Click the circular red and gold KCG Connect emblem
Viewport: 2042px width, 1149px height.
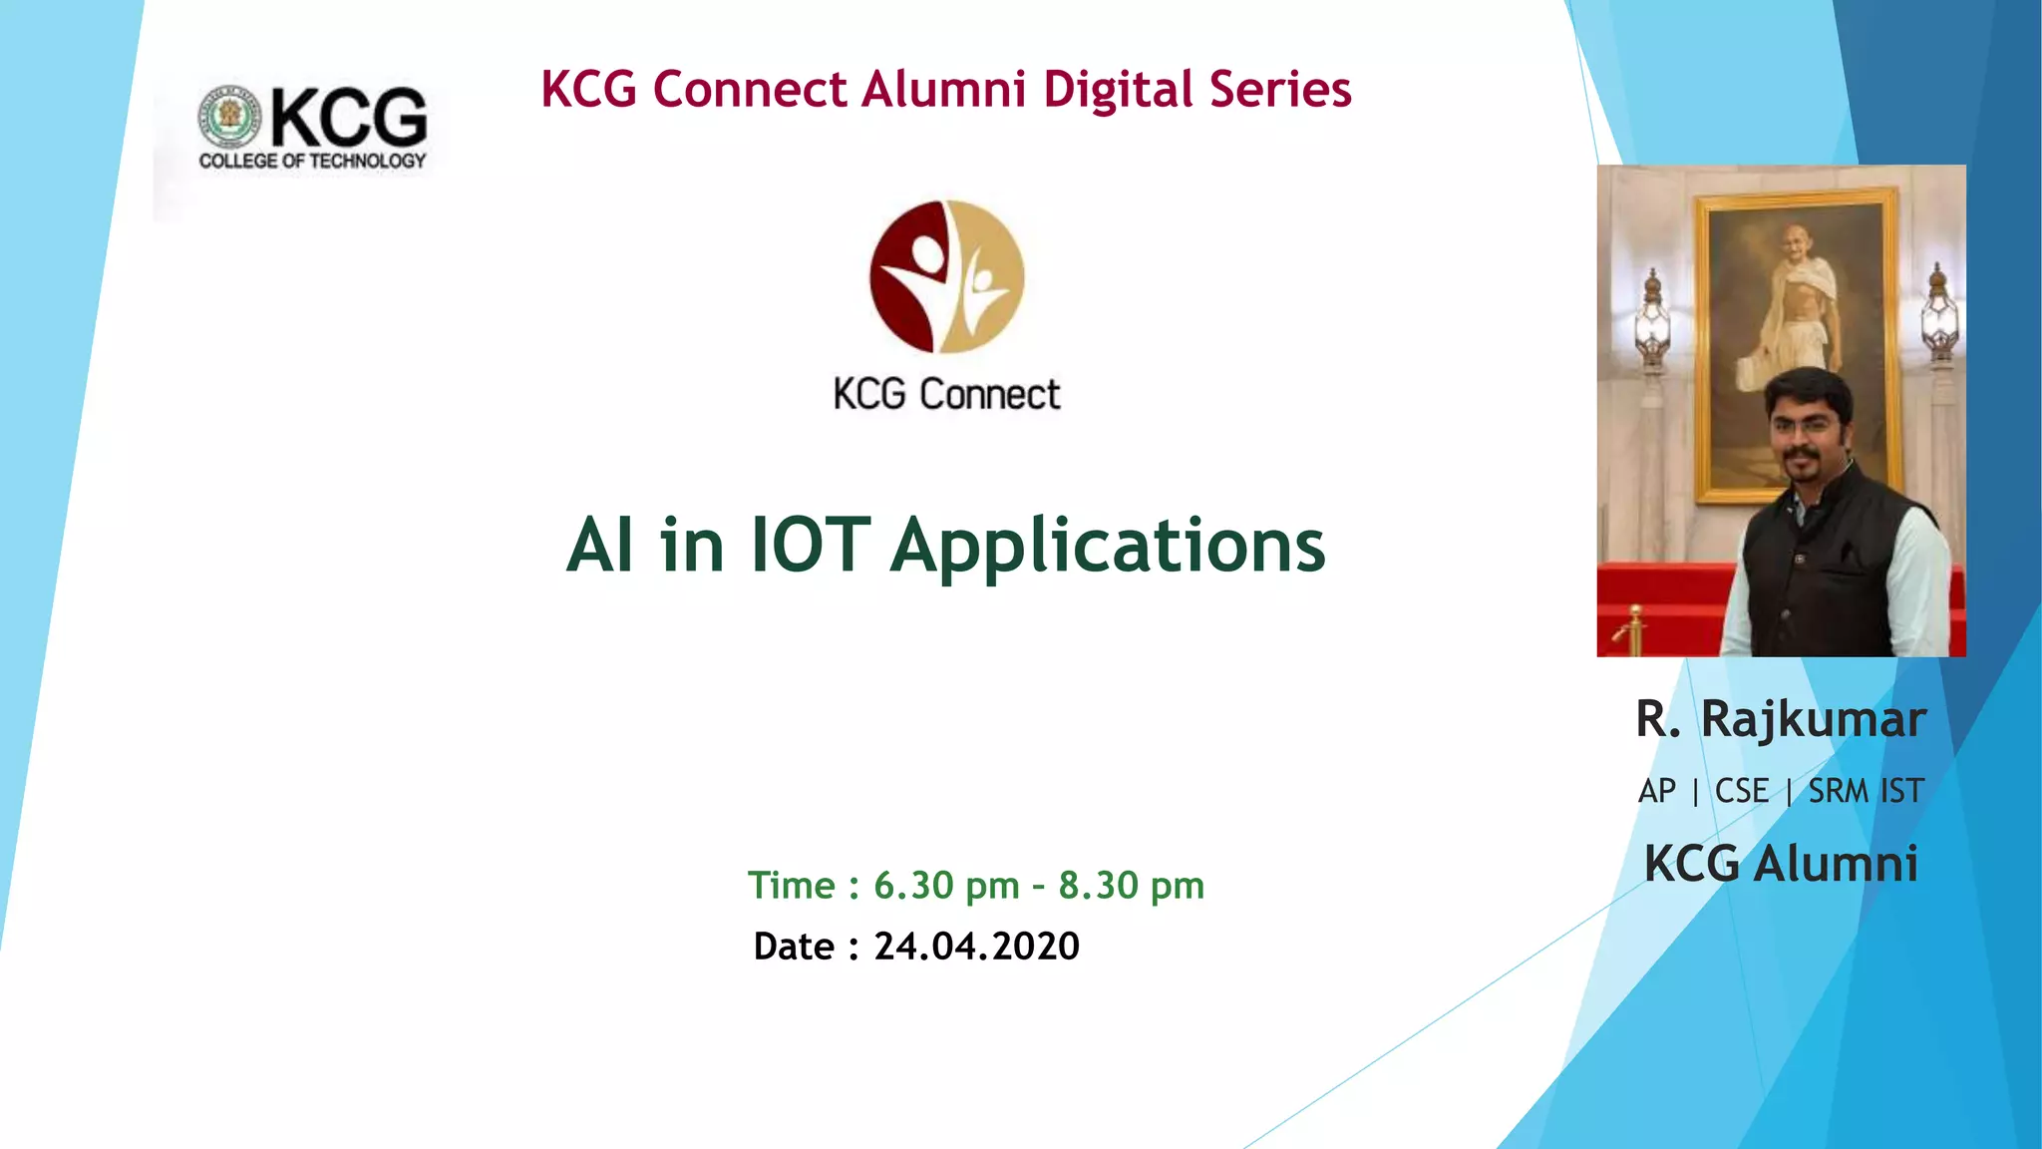[x=946, y=276]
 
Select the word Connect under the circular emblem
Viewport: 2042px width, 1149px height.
[x=989, y=395]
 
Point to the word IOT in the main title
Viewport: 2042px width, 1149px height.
[x=810, y=546]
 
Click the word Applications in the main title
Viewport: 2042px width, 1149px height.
[x=1108, y=548]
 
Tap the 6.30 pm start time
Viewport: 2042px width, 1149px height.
[x=946, y=886]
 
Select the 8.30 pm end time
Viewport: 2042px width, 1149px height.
[x=1131, y=886]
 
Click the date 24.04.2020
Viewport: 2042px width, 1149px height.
[x=976, y=946]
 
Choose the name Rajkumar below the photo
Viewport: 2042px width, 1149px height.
[x=1813, y=720]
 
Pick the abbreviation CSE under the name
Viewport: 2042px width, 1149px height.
[x=1741, y=791]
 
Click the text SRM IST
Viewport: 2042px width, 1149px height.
[x=1866, y=791]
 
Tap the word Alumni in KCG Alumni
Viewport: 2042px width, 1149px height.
[x=1836, y=864]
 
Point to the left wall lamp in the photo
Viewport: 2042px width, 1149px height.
[x=1652, y=319]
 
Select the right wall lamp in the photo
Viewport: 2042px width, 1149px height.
[x=1938, y=314]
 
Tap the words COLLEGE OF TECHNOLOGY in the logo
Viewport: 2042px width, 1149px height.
[x=312, y=161]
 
